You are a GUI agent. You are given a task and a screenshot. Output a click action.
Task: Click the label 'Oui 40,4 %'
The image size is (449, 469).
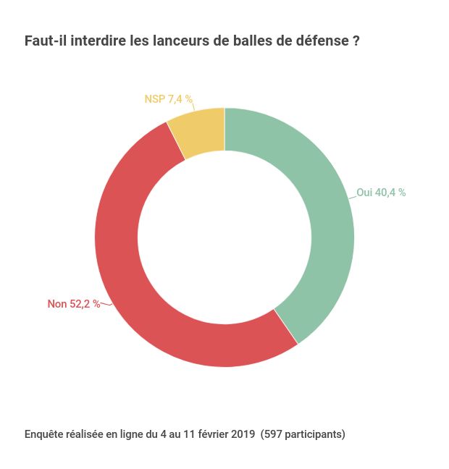381,193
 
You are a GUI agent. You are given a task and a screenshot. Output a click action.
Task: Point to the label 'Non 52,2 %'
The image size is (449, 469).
74,304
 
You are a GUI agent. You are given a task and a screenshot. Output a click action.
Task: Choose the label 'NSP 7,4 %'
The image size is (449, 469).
168,99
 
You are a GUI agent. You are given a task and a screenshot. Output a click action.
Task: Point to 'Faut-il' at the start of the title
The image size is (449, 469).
46,41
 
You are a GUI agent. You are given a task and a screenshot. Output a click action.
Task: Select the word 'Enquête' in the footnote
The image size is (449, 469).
43,434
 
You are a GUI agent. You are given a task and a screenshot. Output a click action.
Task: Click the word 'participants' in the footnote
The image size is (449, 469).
314,434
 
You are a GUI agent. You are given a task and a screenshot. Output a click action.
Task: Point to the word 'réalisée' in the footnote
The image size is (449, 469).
85,434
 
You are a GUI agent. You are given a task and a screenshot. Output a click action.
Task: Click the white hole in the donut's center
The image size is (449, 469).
224,237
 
